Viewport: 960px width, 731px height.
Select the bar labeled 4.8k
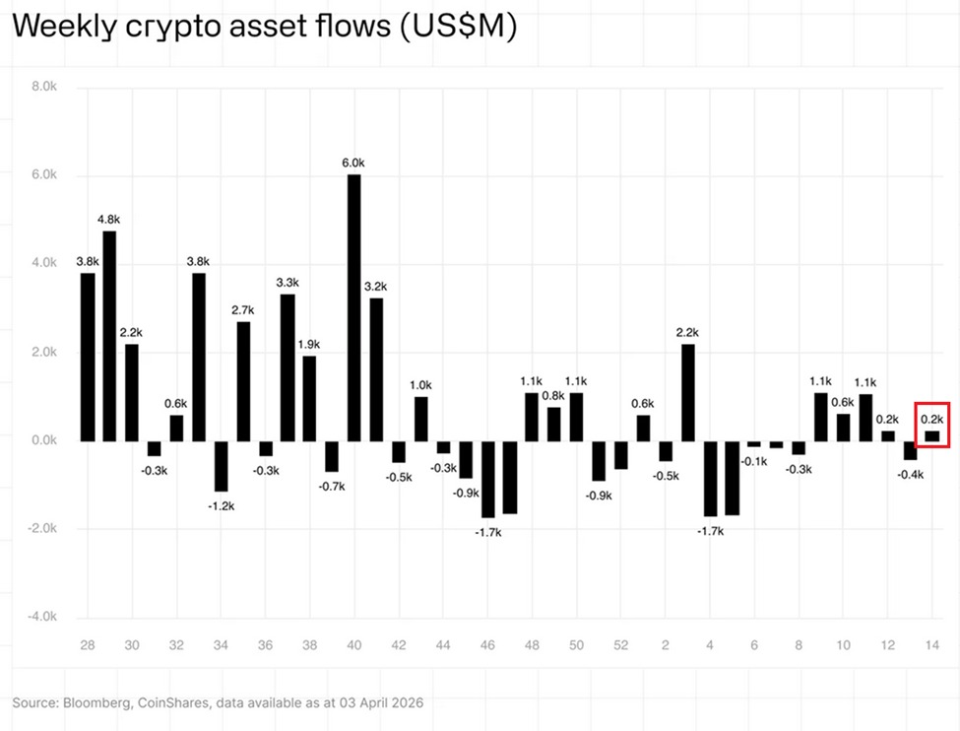point(109,335)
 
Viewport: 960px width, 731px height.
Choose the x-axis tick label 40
point(353,644)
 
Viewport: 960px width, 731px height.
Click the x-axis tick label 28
point(88,644)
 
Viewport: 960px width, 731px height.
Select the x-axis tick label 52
point(620,644)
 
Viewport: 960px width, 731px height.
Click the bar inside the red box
point(931,435)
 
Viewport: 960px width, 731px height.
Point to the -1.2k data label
point(221,506)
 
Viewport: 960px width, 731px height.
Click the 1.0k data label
point(421,385)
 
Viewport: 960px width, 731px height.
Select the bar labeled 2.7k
point(243,380)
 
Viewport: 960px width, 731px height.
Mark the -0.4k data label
point(911,474)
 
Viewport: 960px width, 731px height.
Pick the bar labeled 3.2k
point(376,369)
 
